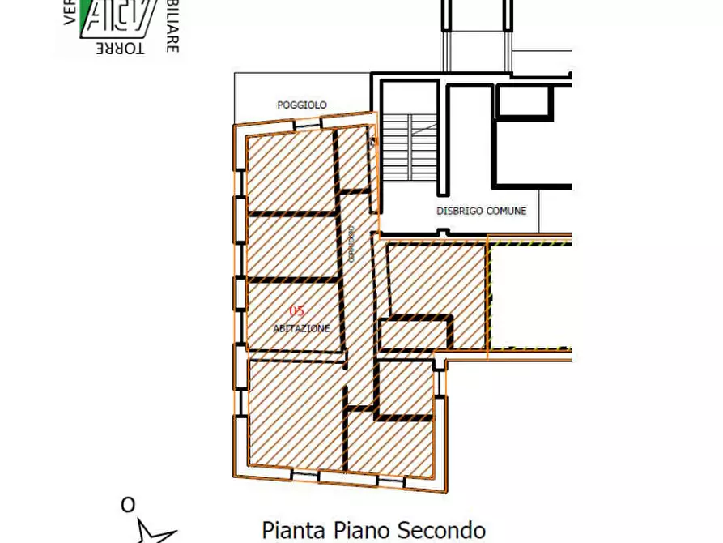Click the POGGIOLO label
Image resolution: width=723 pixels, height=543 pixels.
[x=301, y=105]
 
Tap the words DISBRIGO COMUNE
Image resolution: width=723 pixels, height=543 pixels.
[x=481, y=211]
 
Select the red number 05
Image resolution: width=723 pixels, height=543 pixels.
[x=297, y=310]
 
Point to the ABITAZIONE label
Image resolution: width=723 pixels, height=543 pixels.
[x=301, y=328]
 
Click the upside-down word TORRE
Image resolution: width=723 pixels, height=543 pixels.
[x=120, y=49]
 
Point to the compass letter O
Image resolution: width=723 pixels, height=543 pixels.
[x=128, y=506]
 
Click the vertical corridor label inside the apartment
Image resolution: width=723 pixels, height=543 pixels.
[x=351, y=243]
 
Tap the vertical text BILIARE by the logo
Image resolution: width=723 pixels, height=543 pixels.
[x=172, y=26]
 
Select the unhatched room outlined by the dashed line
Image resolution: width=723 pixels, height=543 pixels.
[x=530, y=296]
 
